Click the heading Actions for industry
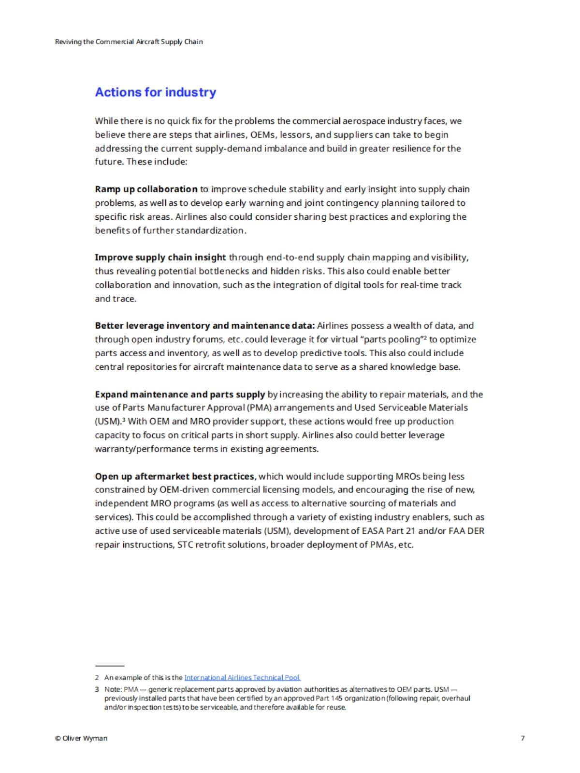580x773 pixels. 155,92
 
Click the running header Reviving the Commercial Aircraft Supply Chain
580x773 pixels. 129,42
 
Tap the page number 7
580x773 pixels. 522,738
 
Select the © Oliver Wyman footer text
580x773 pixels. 81,738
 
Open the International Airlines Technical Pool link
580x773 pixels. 242,678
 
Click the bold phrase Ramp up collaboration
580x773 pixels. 146,189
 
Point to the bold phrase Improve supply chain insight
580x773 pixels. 160,258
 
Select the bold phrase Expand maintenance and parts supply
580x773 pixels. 180,394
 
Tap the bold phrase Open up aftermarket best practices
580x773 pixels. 174,476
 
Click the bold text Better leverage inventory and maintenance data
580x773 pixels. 204,326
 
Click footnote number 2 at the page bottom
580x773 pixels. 97,678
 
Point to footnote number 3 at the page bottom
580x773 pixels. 97,689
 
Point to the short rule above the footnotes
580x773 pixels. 110,666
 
